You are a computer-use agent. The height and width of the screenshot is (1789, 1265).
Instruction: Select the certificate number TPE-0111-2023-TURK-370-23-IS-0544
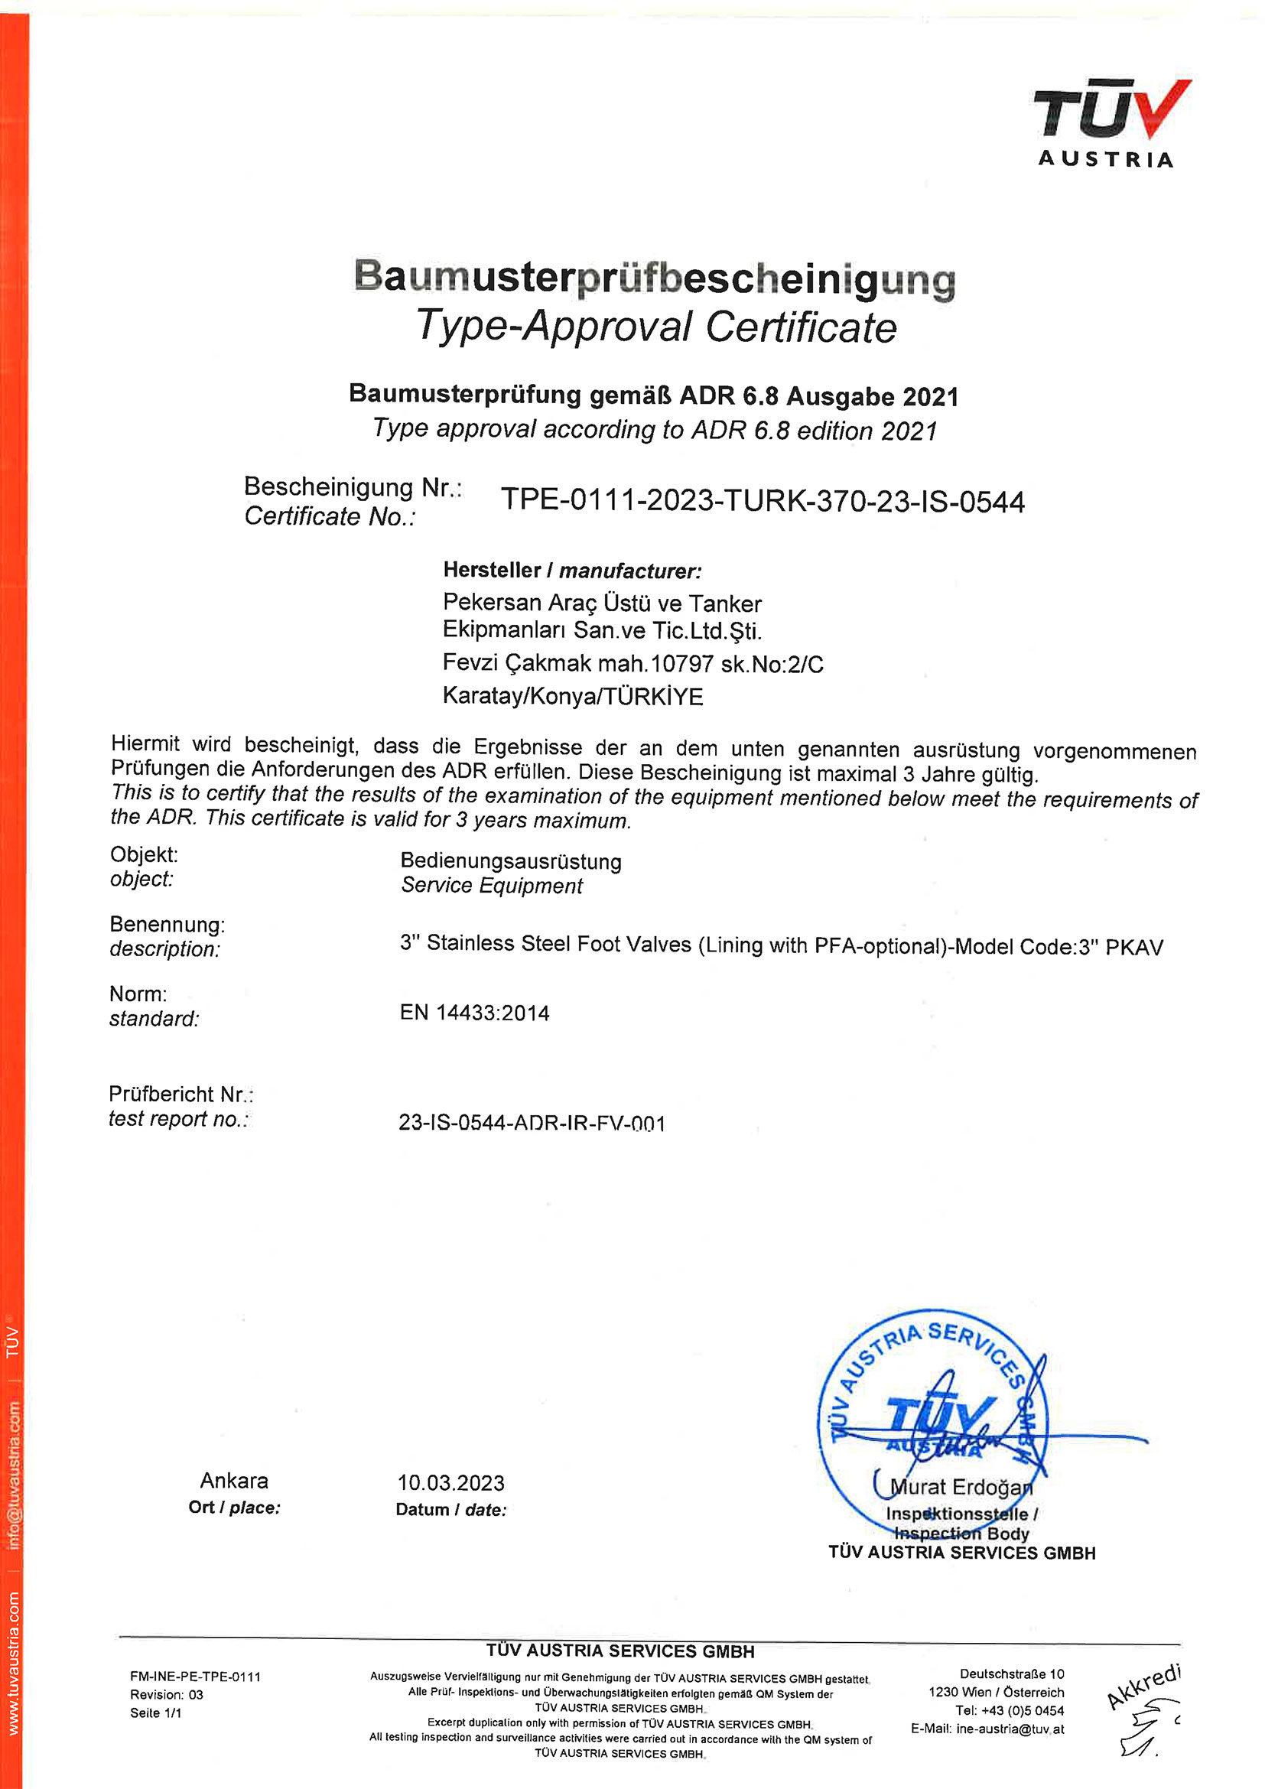coord(762,500)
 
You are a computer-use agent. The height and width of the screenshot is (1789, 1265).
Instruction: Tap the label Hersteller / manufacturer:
coord(572,571)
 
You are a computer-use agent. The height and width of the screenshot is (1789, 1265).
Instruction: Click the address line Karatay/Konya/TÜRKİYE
coord(573,696)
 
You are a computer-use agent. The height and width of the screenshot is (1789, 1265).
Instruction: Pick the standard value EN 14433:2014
coord(474,1013)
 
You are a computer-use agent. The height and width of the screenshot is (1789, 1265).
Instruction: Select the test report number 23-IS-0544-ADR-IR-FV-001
coord(532,1123)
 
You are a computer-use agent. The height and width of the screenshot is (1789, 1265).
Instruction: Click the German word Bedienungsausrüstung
coord(511,861)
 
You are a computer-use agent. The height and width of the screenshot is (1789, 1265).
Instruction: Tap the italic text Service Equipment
coord(492,886)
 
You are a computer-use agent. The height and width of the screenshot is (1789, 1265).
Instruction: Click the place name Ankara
coord(234,1481)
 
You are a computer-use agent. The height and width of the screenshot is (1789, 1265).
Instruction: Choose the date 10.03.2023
coord(451,1483)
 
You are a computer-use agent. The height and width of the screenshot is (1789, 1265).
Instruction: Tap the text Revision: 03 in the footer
coord(166,1695)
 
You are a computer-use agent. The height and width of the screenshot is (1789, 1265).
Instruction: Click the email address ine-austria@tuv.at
coord(1010,1729)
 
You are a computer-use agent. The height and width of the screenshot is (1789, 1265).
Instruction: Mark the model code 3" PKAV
coord(1121,947)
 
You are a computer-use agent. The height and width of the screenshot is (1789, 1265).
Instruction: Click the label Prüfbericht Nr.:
coord(180,1094)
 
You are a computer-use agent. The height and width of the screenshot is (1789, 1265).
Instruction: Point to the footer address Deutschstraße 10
coord(1011,1674)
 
